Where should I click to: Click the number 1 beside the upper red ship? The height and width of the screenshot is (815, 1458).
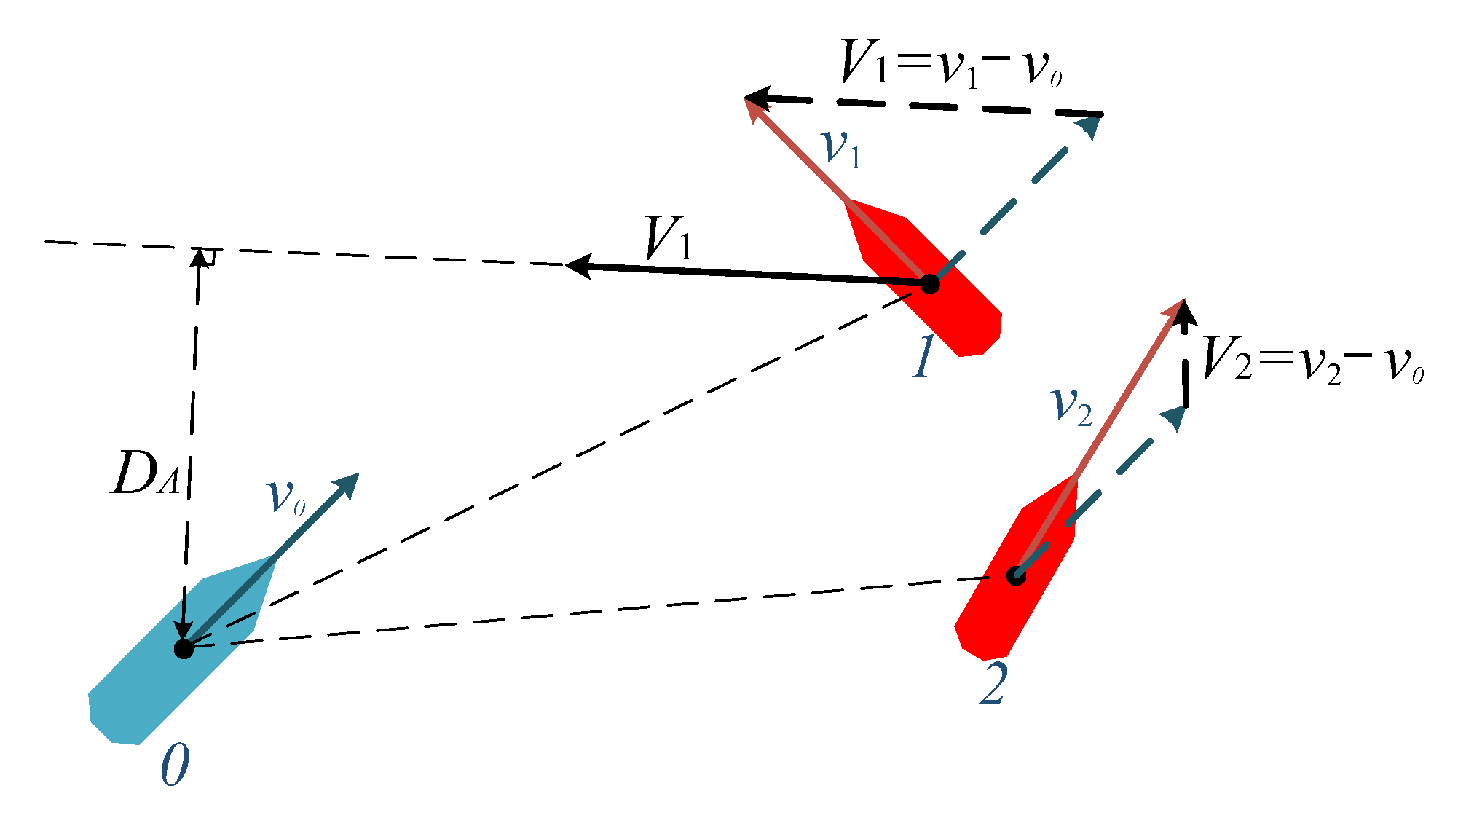pyautogui.click(x=923, y=357)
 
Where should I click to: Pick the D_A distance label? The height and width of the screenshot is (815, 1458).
pyautogui.click(x=144, y=476)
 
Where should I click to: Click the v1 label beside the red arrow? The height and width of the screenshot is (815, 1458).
pyautogui.click(x=841, y=149)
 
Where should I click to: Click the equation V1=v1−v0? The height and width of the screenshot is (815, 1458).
pyautogui.click(x=950, y=64)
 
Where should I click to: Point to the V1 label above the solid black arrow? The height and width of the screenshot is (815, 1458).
pyautogui.click(x=669, y=238)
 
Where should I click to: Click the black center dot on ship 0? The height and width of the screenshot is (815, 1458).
pyautogui.click(x=184, y=648)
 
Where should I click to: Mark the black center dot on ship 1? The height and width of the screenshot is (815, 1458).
pyautogui.click(x=929, y=283)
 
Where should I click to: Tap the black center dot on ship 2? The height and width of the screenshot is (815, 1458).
pyautogui.click(x=1016, y=576)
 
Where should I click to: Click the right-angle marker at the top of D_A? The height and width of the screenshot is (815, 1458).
pyautogui.click(x=208, y=256)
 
